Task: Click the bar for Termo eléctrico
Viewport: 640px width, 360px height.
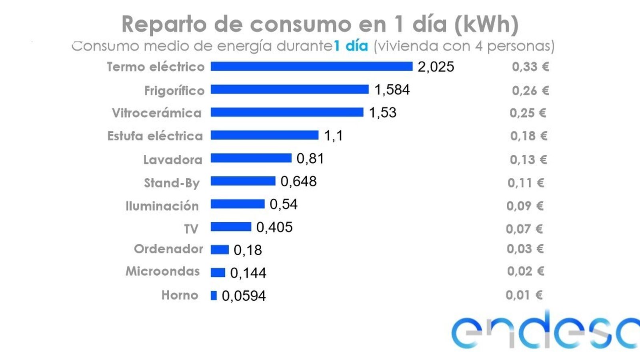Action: (311, 66)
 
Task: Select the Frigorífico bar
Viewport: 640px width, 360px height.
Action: (290, 89)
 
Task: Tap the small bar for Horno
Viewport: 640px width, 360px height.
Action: (214, 296)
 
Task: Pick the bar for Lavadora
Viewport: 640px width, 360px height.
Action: (251, 158)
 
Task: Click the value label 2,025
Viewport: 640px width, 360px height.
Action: (436, 67)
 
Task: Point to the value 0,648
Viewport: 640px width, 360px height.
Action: (298, 182)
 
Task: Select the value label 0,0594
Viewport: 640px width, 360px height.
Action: (244, 296)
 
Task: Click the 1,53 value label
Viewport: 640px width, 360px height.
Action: (382, 113)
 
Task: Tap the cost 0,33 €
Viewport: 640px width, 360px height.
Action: (530, 67)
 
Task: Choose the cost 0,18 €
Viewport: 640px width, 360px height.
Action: (528, 136)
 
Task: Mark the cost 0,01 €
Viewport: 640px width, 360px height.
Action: (524, 295)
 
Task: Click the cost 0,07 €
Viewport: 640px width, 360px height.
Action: (524, 229)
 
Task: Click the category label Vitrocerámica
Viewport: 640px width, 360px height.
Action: (156, 113)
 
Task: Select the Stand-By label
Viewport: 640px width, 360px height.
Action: (172, 183)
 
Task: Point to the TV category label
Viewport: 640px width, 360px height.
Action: (191, 229)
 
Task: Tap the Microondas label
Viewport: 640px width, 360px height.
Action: (162, 271)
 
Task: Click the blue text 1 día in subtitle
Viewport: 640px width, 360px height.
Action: (351, 46)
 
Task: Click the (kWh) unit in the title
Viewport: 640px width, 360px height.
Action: (486, 24)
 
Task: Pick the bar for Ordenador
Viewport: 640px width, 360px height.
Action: (220, 250)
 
